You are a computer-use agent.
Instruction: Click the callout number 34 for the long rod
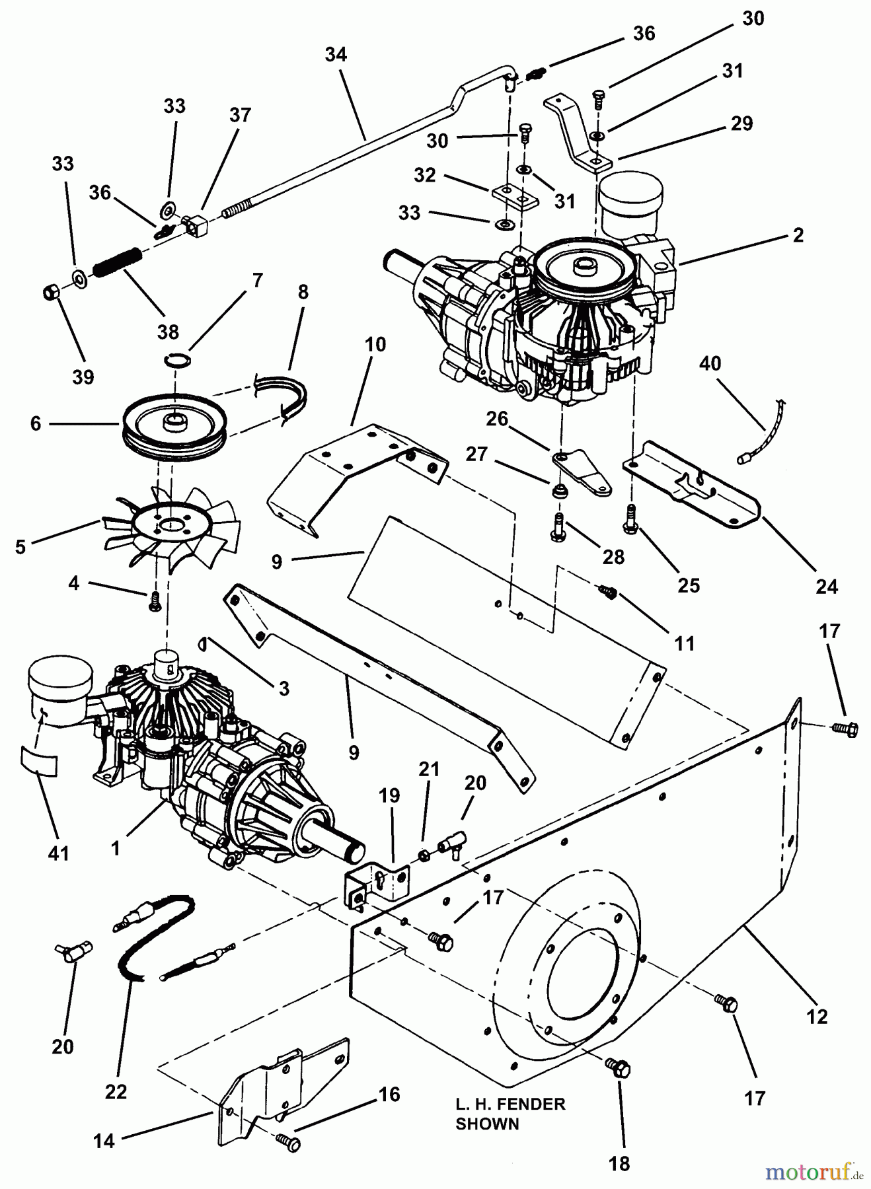pos(336,54)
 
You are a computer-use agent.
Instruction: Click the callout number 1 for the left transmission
pos(116,848)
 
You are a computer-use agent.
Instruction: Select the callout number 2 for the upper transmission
pos(798,234)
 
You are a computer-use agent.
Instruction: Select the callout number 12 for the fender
pos(817,1016)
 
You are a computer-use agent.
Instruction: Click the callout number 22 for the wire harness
pos(116,1092)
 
